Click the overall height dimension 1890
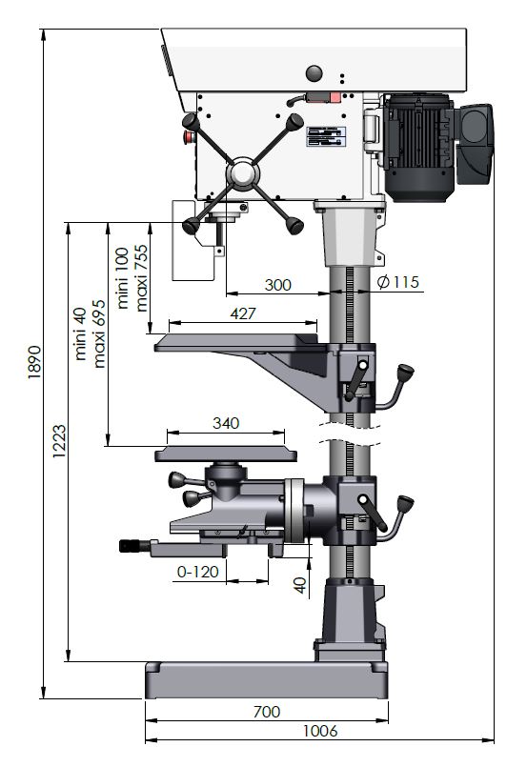(34, 362)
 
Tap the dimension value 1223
(59, 442)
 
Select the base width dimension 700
(267, 712)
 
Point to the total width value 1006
(320, 731)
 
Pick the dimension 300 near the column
(277, 285)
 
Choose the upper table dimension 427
(243, 313)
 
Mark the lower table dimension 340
(226, 423)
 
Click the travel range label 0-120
(197, 572)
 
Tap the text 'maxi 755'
(141, 278)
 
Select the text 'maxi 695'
(99, 333)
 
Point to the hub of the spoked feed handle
(242, 173)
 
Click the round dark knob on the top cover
(314, 73)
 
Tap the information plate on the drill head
(326, 136)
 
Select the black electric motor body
(419, 148)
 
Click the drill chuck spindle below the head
(220, 234)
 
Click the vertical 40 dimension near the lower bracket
(300, 585)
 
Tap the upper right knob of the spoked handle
(294, 122)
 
